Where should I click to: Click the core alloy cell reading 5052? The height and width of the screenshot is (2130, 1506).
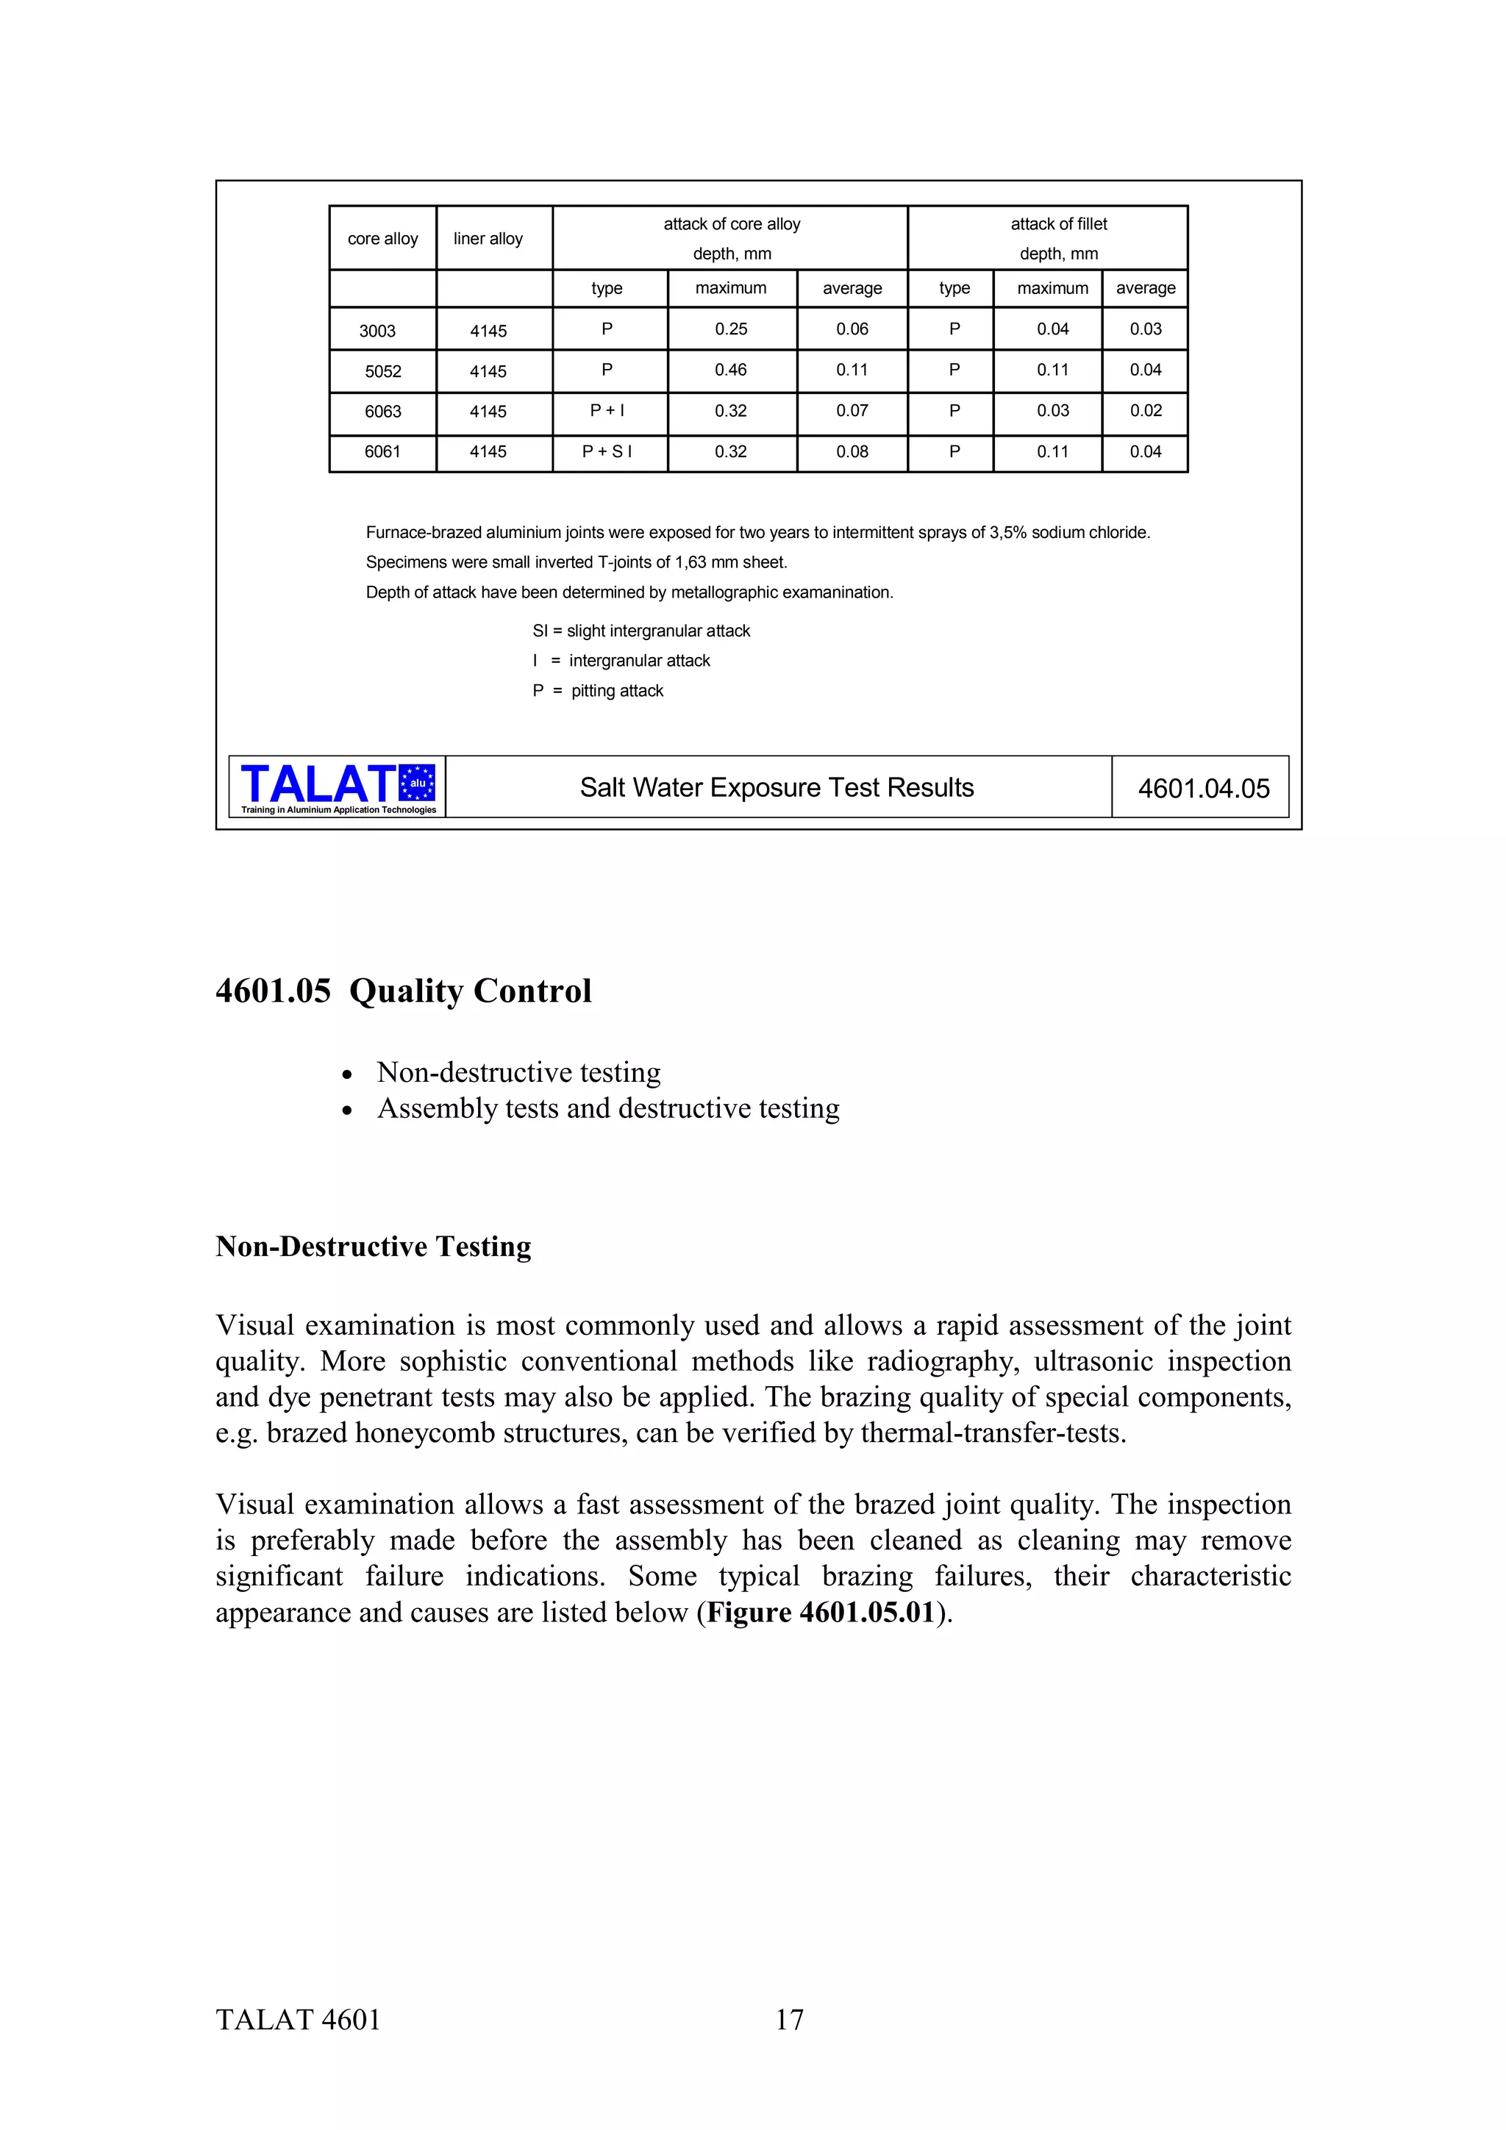(382, 371)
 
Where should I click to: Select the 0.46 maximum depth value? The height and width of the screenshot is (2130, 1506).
(730, 370)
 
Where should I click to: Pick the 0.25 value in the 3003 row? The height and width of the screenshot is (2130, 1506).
(730, 329)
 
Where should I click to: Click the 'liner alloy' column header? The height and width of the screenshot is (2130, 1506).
(488, 238)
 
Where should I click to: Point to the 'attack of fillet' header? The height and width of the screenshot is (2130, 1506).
(1058, 224)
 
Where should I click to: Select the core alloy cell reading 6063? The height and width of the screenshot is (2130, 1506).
(382, 411)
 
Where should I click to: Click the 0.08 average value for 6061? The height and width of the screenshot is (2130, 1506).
(852, 452)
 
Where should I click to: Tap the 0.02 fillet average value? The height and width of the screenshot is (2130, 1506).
(1145, 411)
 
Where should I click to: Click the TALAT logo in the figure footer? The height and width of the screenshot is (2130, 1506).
(338, 786)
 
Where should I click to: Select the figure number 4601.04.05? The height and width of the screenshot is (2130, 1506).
(1204, 789)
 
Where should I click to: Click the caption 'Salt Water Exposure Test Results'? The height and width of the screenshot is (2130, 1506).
(777, 788)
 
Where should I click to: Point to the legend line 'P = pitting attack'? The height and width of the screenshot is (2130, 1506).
(598, 691)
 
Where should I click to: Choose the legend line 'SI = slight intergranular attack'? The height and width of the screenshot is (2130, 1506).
(641, 631)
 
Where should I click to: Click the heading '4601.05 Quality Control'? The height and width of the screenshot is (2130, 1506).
(404, 991)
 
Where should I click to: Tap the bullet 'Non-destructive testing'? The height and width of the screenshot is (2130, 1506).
(518, 1072)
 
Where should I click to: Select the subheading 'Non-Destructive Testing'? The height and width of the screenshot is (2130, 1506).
(373, 1246)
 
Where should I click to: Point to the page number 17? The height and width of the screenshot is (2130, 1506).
(790, 2020)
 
